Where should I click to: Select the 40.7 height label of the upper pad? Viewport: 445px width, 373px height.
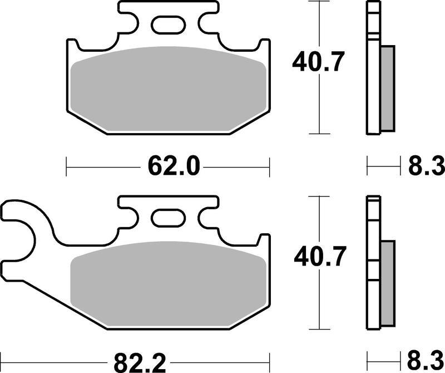pyautogui.click(x=318, y=61)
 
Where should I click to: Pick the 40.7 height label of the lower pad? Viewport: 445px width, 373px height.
pyautogui.click(x=320, y=257)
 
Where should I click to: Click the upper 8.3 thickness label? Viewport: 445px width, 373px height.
pyautogui.click(x=426, y=166)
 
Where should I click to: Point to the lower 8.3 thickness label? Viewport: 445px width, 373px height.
pyautogui.click(x=426, y=362)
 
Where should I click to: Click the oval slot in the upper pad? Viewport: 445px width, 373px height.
pyautogui.click(x=169, y=25)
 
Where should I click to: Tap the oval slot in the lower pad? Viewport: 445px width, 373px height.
pyautogui.click(x=169, y=218)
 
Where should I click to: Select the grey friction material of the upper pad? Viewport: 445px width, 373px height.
pyautogui.click(x=169, y=89)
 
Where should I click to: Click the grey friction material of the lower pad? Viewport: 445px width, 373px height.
pyautogui.click(x=169, y=284)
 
